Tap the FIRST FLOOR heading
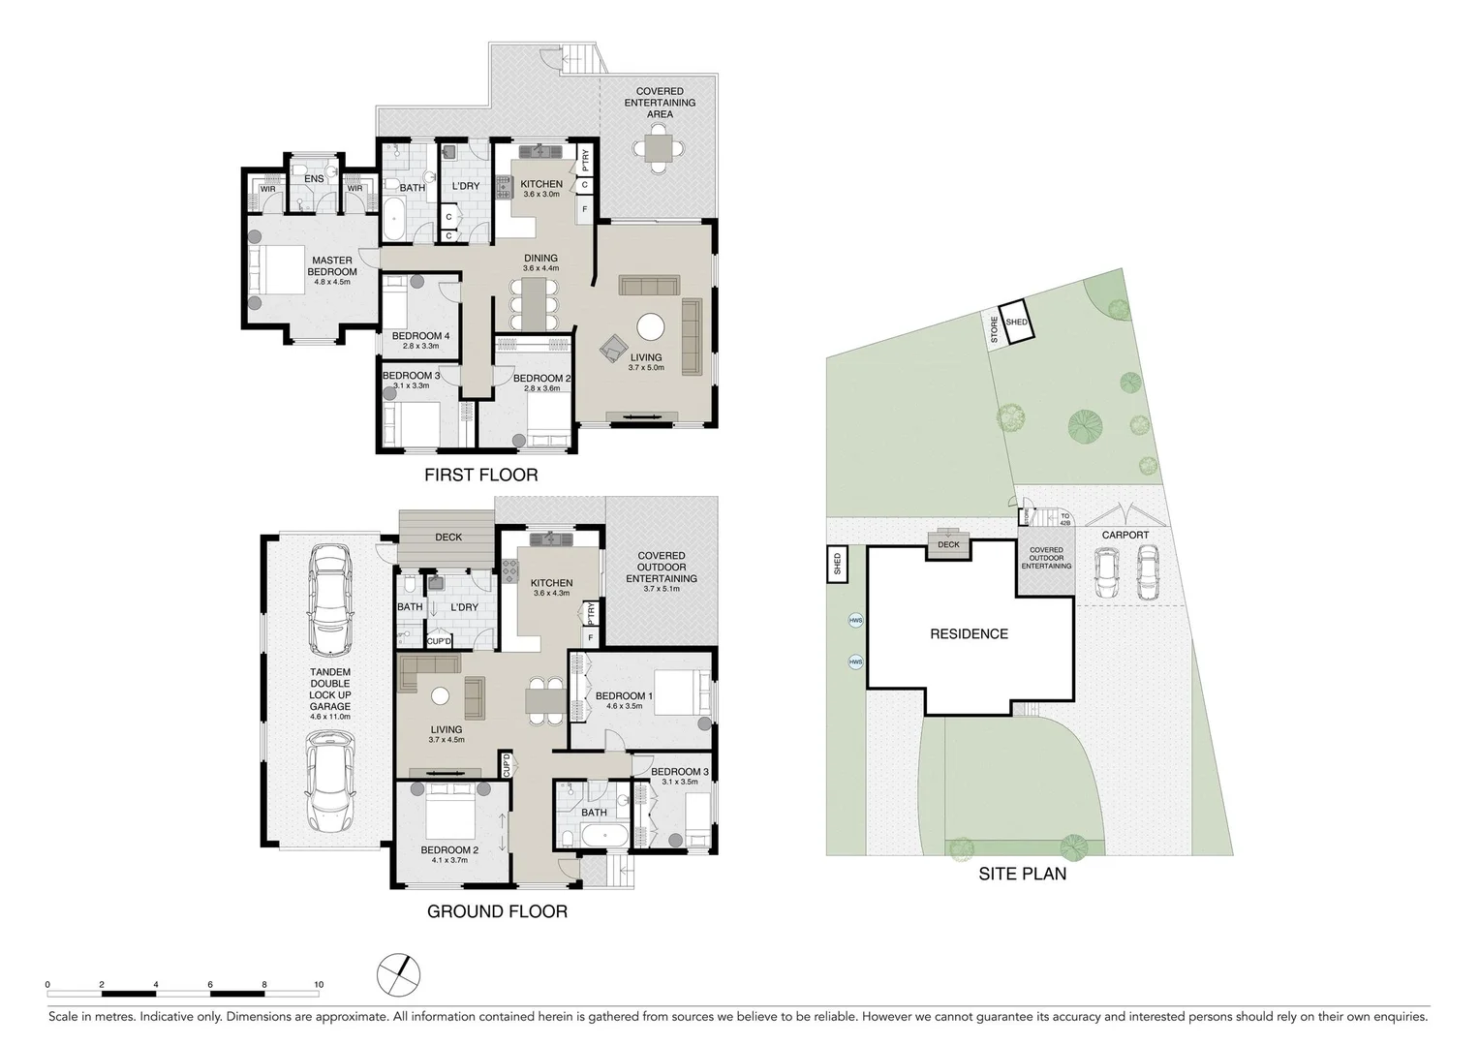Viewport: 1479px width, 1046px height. (x=480, y=475)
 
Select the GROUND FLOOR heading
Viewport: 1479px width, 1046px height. (x=497, y=911)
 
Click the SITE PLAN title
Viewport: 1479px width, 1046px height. (x=1022, y=874)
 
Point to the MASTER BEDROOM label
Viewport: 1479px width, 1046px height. (x=332, y=266)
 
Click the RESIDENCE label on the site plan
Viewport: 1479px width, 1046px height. (x=969, y=634)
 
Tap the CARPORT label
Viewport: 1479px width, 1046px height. (x=1125, y=535)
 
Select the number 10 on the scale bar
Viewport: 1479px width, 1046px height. (x=318, y=985)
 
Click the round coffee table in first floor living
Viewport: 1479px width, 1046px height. (x=650, y=327)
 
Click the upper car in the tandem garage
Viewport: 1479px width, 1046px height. (x=329, y=598)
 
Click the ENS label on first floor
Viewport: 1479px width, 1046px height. (x=314, y=179)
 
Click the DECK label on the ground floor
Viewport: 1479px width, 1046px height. (x=448, y=537)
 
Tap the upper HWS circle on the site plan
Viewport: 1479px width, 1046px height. (x=854, y=621)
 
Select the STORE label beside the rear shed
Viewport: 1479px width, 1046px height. (x=994, y=330)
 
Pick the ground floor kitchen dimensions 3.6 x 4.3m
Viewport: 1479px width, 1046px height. (x=551, y=594)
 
